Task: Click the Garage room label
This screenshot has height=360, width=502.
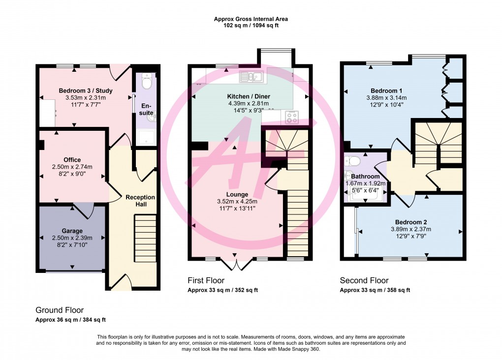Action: click(x=72, y=231)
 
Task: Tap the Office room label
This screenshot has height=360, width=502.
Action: click(x=72, y=160)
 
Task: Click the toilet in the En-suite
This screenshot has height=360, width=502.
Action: click(x=147, y=81)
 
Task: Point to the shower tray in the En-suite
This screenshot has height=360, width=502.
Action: click(x=146, y=138)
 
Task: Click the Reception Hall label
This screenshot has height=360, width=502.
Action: click(x=140, y=201)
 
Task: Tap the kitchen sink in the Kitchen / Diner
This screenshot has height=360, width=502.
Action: click(x=252, y=76)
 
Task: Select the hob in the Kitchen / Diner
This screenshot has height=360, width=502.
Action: click(x=291, y=117)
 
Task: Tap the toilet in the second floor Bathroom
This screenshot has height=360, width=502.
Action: click(x=353, y=161)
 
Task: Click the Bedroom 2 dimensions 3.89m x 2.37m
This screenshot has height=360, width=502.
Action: click(x=410, y=229)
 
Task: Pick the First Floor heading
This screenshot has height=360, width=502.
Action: click(x=206, y=280)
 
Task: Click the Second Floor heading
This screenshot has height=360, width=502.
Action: click(x=364, y=280)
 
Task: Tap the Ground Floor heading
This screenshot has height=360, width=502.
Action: click(x=59, y=310)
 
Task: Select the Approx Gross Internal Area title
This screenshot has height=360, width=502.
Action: click(x=251, y=19)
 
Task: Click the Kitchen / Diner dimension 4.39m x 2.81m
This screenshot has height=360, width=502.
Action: click(x=248, y=103)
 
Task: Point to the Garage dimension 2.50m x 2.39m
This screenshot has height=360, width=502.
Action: click(x=72, y=238)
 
